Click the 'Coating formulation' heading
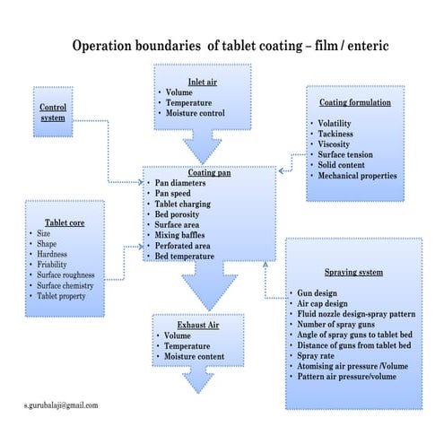tap(355, 102)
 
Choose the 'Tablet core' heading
tap(65, 222)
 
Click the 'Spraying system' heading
tap(353, 271)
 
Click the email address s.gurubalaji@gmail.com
tap(62, 405)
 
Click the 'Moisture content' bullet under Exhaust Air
tap(195, 357)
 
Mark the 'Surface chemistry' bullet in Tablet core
tap(73, 286)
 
